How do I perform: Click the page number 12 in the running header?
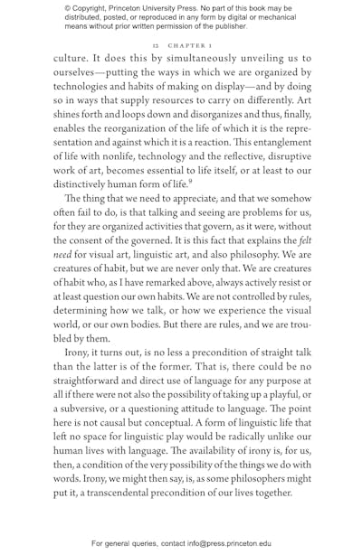155,43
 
